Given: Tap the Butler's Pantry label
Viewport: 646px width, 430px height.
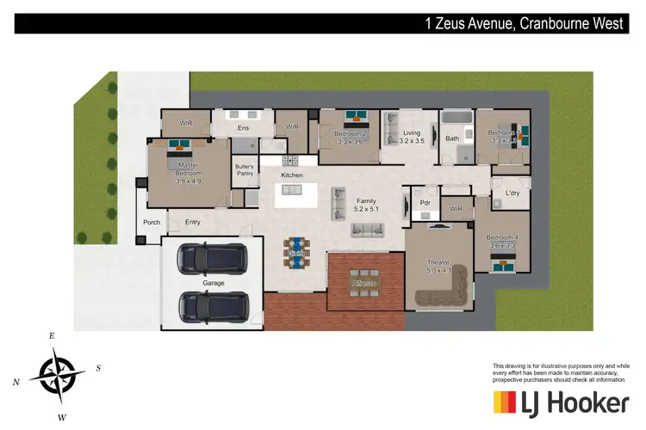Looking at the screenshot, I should point(244,170).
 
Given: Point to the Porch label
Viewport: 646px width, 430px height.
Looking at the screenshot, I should point(152,223).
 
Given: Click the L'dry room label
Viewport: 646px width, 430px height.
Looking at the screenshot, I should point(516,193).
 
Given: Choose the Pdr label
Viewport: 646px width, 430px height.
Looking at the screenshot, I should point(425,203).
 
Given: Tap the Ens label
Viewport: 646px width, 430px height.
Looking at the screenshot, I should point(244,129).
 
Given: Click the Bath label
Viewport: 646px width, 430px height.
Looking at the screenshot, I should point(452,138).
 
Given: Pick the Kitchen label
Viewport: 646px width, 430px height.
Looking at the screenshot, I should point(291,175).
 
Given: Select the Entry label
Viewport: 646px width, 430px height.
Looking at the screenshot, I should point(193,223).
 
